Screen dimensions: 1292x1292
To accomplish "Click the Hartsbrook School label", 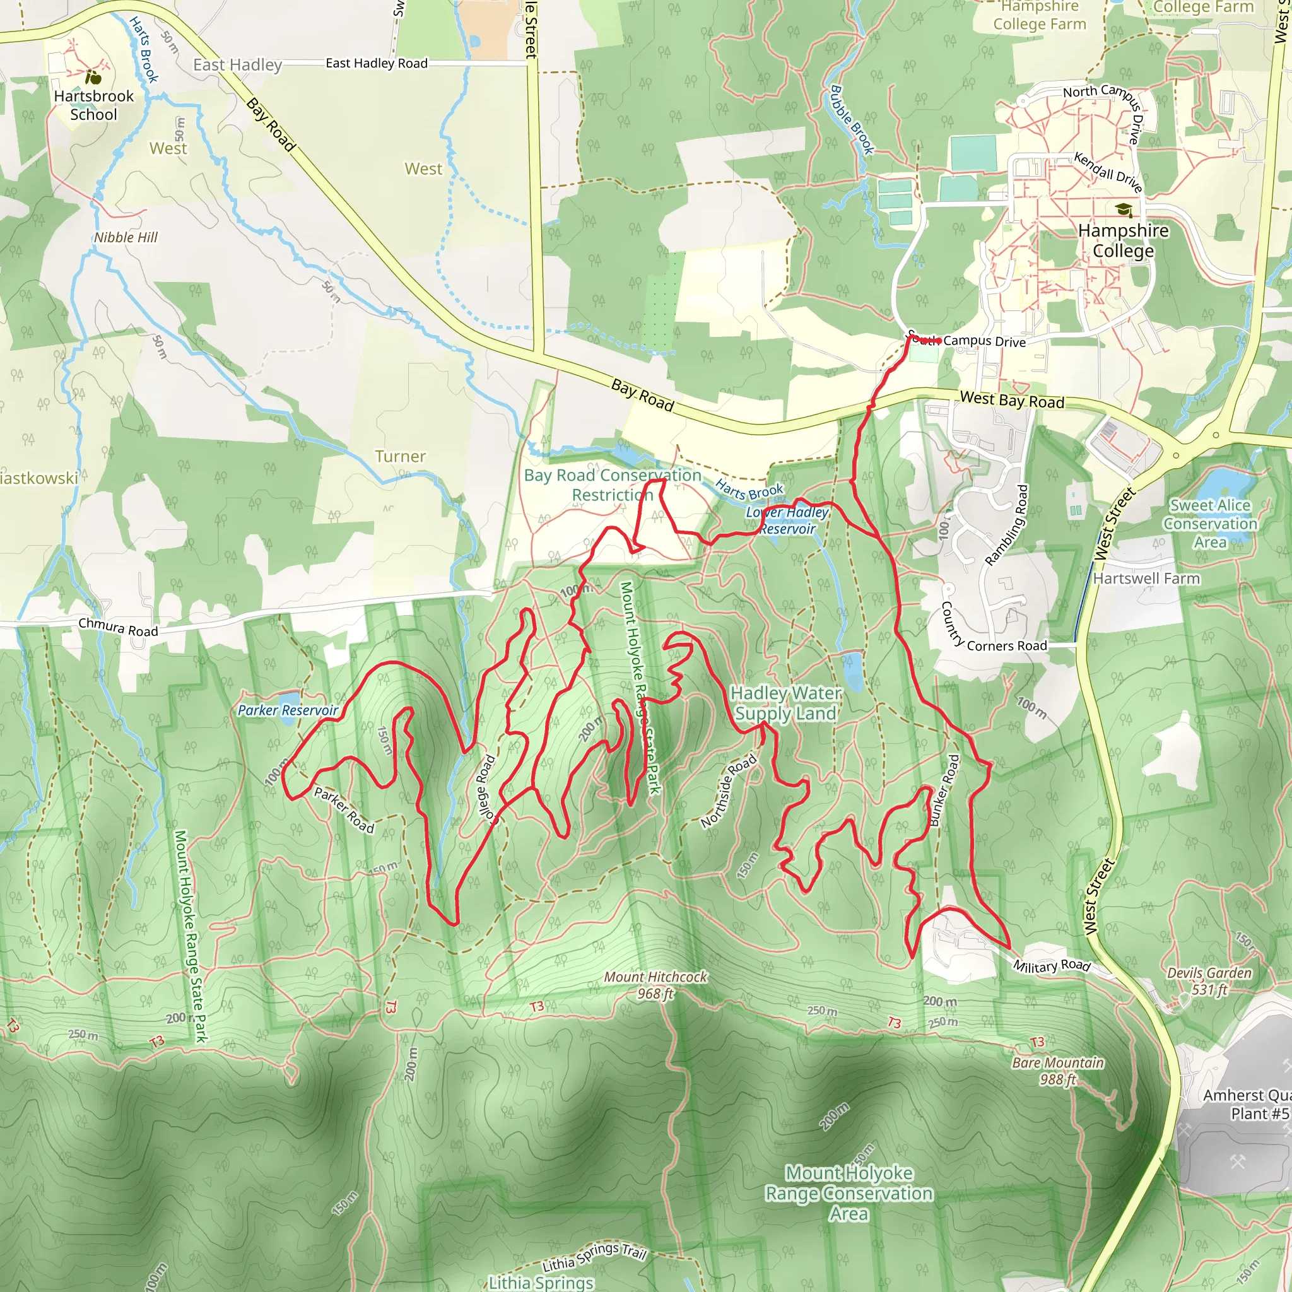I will (93, 105).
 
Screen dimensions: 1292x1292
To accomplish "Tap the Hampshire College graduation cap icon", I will (1124, 209).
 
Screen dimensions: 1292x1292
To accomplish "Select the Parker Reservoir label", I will (288, 710).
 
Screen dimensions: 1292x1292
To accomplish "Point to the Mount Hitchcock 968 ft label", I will (655, 985).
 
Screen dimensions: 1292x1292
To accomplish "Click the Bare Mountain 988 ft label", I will (1057, 1071).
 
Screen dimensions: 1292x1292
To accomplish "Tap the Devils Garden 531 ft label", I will (1209, 981).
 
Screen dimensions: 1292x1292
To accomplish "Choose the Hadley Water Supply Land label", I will (786, 703).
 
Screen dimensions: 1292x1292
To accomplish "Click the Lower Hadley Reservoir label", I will (787, 520).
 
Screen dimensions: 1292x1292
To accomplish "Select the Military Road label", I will (1051, 966).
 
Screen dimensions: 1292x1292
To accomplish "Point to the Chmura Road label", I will (119, 627).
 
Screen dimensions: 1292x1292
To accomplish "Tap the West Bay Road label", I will (1012, 400).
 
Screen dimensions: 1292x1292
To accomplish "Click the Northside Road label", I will (729, 790).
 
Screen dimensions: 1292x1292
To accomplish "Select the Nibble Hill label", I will (126, 237).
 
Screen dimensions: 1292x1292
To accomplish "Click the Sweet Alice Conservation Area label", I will (1211, 524).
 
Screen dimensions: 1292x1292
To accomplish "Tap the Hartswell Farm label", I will (1146, 578).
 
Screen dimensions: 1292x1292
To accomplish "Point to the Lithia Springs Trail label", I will (594, 1257).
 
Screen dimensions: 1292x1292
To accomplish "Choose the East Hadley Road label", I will (377, 64).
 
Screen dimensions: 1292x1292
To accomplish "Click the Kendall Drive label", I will (1108, 172).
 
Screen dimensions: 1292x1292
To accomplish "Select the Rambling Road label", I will (1006, 525).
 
